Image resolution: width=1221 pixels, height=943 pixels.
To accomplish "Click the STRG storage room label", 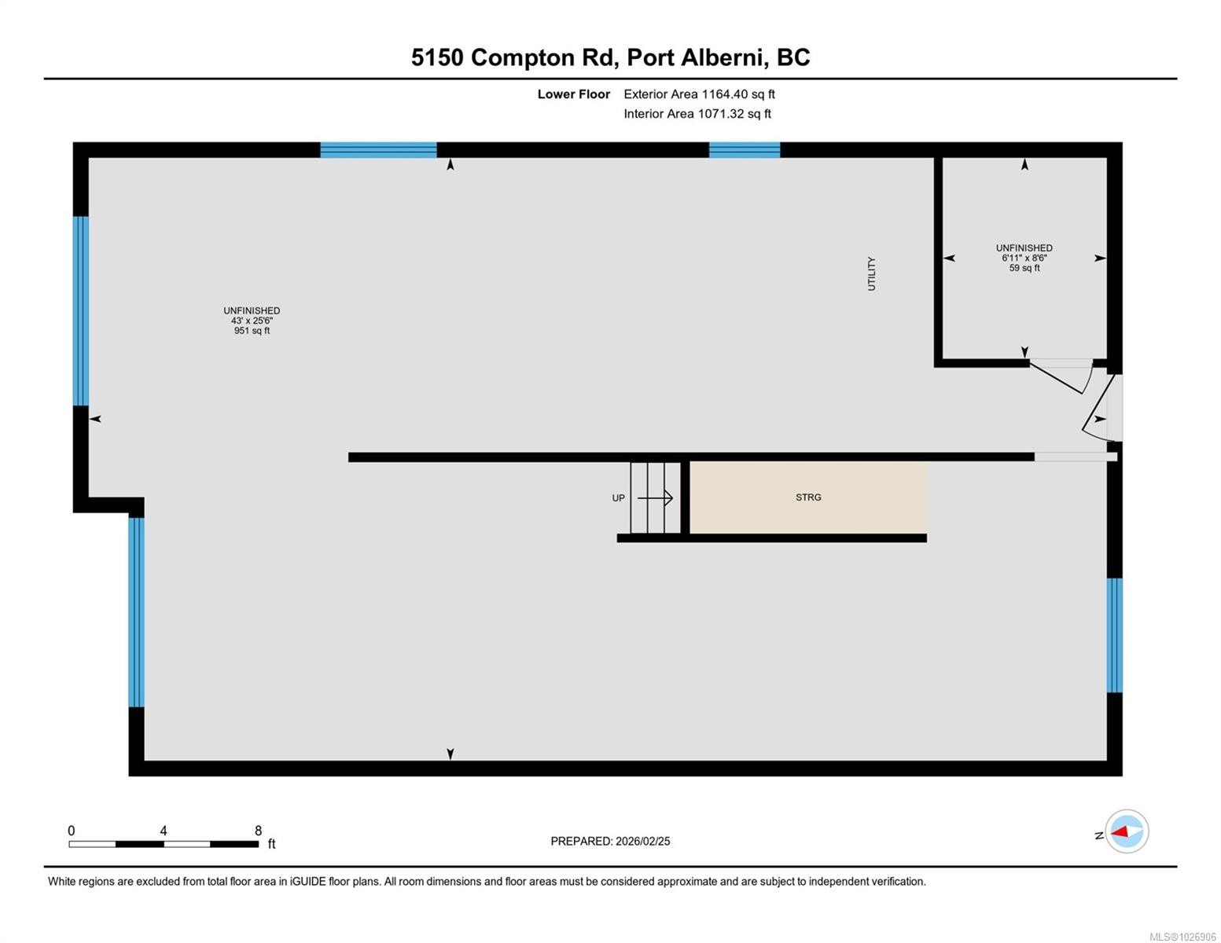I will point(808,497).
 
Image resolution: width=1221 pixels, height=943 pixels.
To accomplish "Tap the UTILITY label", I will point(871,273).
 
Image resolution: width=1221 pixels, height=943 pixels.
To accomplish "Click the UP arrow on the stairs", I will point(655,497).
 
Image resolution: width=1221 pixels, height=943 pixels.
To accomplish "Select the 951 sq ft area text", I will point(252,331).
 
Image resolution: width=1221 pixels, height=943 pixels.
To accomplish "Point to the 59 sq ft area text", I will point(1024,268).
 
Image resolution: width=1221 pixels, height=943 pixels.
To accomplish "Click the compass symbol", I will point(1127,831).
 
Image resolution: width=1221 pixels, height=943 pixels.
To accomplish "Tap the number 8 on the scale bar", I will point(258,831).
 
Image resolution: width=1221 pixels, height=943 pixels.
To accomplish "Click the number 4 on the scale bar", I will point(164,831).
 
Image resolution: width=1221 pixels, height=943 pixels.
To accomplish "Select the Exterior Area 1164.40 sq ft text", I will point(699,94).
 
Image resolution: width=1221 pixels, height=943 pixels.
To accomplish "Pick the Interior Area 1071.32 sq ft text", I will point(697,114).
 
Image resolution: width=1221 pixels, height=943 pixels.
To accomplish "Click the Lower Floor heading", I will point(573,94).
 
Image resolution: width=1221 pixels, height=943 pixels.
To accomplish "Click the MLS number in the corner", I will point(1182,937).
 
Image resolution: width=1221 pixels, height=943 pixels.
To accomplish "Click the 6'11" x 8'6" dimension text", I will point(1024,258).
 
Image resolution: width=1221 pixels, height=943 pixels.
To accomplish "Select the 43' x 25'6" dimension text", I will point(252,321).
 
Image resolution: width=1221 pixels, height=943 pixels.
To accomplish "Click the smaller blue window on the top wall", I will point(745,150).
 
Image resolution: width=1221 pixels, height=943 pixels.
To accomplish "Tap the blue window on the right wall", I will point(1114,635).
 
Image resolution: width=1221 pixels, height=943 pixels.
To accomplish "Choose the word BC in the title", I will point(793,57).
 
